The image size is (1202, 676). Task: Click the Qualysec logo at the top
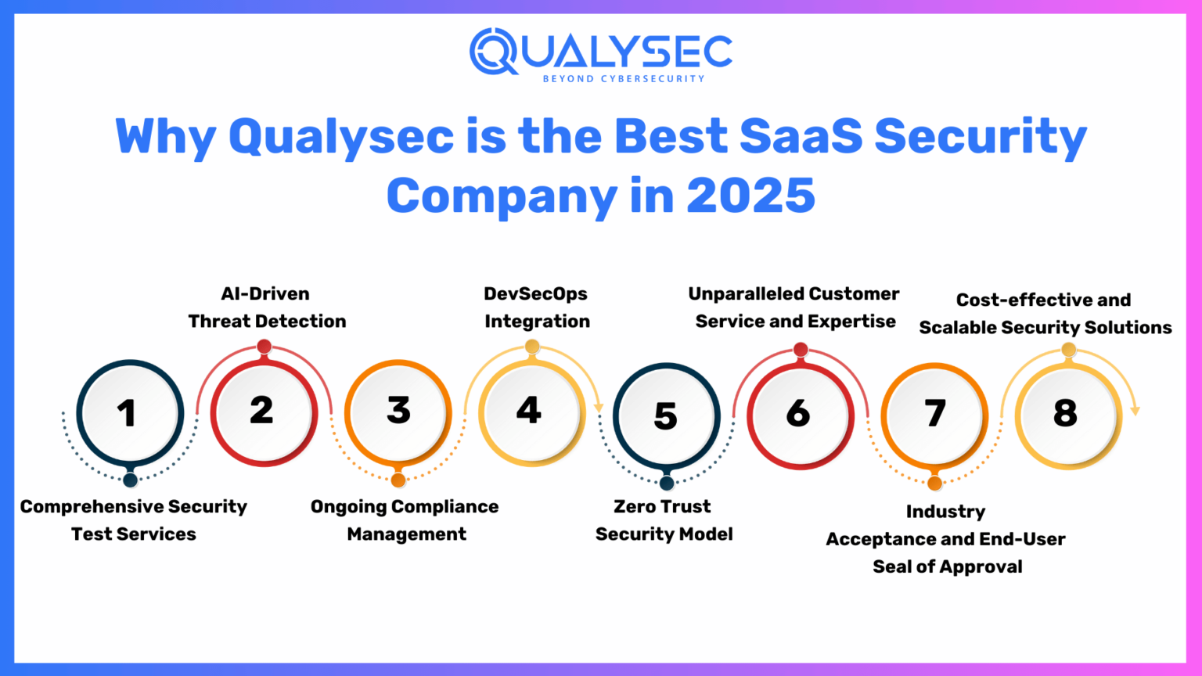coord(600,52)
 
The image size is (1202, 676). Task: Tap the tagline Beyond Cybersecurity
coord(624,79)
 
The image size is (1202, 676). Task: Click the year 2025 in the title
coord(750,196)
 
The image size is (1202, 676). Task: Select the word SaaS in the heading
coord(801,136)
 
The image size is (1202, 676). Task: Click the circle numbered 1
coord(130,413)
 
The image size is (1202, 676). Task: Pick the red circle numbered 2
coord(264,412)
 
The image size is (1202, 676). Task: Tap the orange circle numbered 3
coord(398,412)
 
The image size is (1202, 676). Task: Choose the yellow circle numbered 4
coord(531,412)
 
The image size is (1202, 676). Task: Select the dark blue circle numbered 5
coord(666,415)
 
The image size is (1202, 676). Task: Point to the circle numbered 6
coord(800,414)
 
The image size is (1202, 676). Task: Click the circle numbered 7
coord(934,415)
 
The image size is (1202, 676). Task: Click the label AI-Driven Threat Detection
coord(267,307)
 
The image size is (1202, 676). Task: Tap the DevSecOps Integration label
coord(537,307)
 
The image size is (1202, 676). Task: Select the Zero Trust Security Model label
coord(664,520)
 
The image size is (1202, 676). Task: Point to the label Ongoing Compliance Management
coord(405,520)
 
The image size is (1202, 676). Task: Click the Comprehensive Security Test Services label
coord(134,520)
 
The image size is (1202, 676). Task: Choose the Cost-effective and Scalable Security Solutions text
coord(1045,314)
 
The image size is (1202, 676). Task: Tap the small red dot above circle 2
coord(265,346)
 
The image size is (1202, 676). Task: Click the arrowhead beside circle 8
coord(1135,411)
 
